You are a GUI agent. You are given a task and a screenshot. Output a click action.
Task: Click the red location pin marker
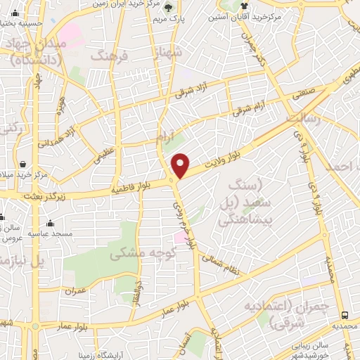pos(181,165)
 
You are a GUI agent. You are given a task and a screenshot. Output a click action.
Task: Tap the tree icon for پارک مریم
pos(169,8)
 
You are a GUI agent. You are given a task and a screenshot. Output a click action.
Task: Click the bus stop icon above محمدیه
pos(345,315)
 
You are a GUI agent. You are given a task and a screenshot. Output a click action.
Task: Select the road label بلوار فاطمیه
pos(134,188)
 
